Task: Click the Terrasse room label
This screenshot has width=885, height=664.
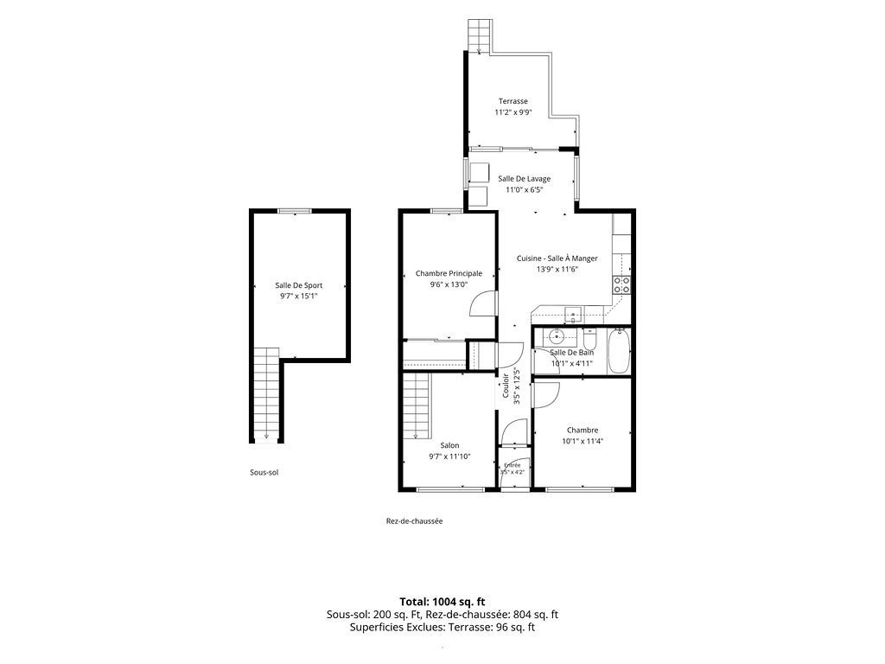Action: (x=513, y=102)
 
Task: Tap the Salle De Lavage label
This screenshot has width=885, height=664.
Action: (x=524, y=179)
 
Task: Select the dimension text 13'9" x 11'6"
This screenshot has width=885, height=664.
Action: (x=557, y=270)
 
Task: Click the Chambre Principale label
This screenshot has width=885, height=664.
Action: (x=449, y=274)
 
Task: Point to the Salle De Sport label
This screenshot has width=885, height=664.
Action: (x=298, y=285)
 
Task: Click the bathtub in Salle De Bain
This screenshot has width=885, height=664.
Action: (x=619, y=351)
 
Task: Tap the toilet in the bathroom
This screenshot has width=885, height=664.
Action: (x=590, y=340)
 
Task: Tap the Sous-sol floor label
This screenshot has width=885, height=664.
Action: (x=264, y=473)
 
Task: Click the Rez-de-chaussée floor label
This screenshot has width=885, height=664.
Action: (x=414, y=521)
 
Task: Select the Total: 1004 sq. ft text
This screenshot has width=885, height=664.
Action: (x=442, y=602)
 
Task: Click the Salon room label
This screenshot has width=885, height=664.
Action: (x=449, y=446)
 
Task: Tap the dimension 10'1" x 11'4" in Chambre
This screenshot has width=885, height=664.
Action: (x=583, y=442)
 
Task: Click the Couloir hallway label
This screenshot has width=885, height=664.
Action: (x=506, y=386)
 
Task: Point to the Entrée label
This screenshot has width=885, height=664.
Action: (x=512, y=465)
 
